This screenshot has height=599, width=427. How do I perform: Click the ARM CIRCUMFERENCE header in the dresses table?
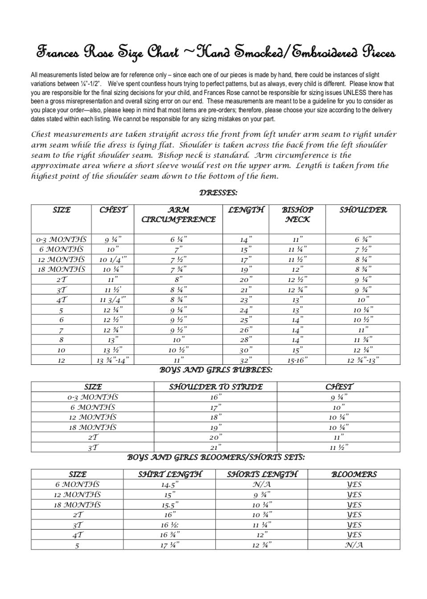click(178, 214)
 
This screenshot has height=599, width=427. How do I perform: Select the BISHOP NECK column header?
click(297, 214)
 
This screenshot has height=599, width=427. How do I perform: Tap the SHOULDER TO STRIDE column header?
click(215, 387)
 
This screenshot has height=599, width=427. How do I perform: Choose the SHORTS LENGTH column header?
click(262, 474)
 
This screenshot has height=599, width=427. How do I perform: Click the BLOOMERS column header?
click(354, 474)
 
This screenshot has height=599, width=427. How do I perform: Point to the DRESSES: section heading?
click(218, 193)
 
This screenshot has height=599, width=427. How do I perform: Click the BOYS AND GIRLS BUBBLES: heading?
click(216, 370)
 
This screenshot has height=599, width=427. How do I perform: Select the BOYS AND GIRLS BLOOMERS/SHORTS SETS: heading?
click(216, 457)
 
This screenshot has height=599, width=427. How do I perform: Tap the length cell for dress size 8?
click(246, 340)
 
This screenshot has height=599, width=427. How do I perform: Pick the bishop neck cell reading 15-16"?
click(297, 360)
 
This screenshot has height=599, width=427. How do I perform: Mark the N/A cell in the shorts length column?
click(262, 485)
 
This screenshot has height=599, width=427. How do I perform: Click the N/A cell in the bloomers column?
click(354, 545)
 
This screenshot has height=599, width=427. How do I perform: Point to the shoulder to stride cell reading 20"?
click(215, 437)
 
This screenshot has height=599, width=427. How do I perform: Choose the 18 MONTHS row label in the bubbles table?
click(92, 427)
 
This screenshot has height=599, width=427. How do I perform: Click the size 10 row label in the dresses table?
click(61, 350)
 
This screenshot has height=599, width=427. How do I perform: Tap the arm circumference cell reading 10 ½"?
click(178, 350)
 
